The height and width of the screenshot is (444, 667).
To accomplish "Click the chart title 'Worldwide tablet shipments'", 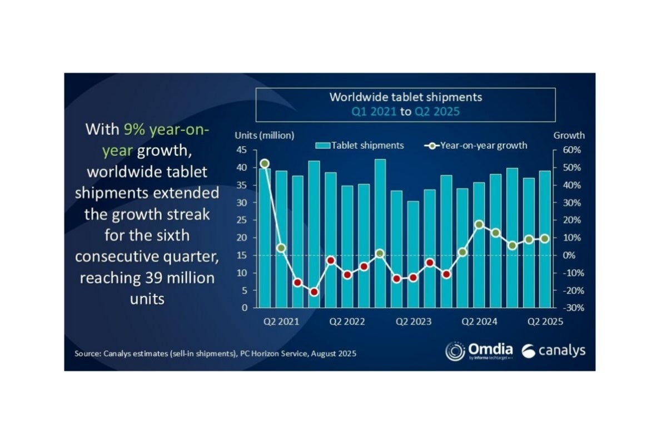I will click(x=405, y=97).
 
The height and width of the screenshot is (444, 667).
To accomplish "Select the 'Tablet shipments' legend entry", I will click(x=360, y=145).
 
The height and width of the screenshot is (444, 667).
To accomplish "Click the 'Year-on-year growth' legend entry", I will click(x=477, y=145).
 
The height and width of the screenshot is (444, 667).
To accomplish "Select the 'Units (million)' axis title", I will click(x=265, y=135).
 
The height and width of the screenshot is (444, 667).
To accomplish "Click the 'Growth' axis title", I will click(x=569, y=135).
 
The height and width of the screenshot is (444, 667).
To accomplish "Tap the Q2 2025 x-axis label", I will click(x=545, y=321).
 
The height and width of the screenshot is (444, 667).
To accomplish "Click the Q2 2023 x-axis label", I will click(x=413, y=321).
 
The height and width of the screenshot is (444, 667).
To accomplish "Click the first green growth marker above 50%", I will click(x=265, y=164).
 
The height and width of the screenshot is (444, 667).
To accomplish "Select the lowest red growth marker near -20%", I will click(x=314, y=292).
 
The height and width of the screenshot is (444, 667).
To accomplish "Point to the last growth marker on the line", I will click(x=545, y=239).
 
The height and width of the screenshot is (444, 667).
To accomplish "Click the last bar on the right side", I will click(x=545, y=239).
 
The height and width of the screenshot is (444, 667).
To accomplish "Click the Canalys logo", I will click(x=553, y=351).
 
